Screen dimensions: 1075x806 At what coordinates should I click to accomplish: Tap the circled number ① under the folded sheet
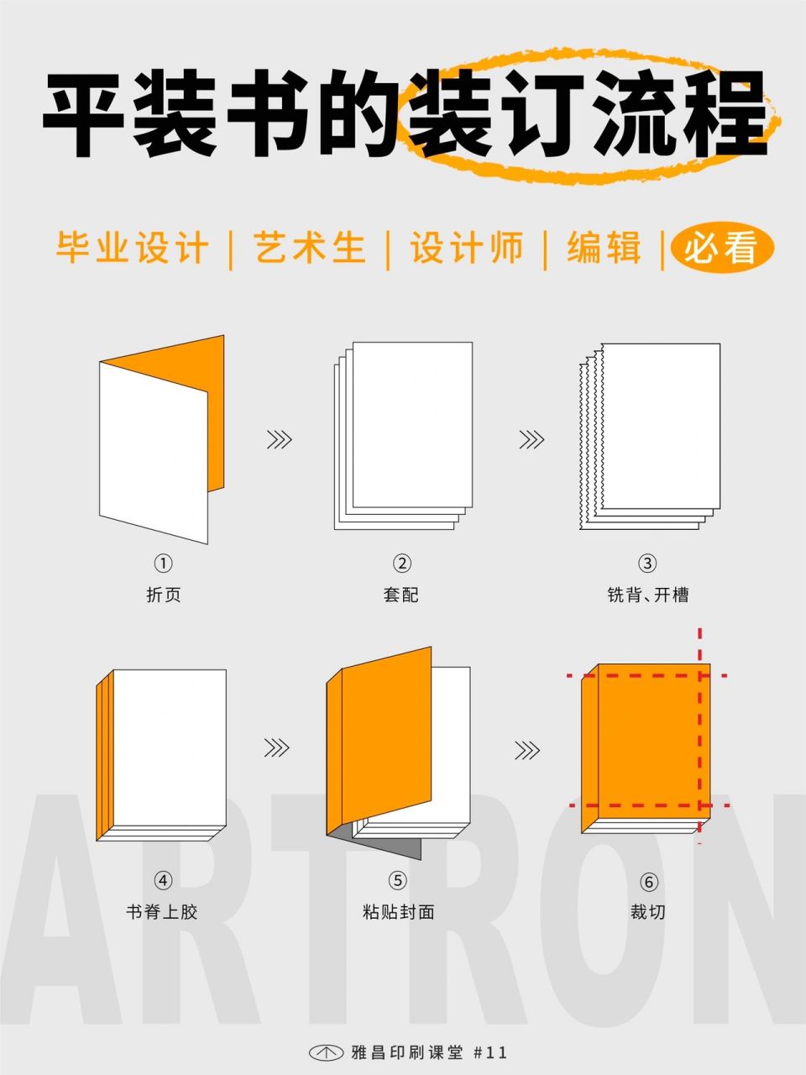click(163, 564)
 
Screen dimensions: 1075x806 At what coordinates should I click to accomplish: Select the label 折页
click(163, 595)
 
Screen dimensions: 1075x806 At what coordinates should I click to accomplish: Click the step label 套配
click(400, 595)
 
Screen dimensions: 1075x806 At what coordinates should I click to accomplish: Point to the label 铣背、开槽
click(647, 595)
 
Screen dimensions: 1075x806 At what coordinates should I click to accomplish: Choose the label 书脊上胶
click(162, 911)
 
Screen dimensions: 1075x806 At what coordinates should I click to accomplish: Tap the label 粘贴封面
click(398, 911)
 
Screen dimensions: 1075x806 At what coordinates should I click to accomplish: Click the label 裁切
click(647, 911)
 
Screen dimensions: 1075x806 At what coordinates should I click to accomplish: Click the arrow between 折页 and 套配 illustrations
click(279, 439)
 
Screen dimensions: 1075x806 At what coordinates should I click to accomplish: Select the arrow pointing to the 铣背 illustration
click(531, 439)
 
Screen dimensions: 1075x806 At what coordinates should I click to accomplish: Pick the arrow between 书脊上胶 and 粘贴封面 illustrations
click(276, 747)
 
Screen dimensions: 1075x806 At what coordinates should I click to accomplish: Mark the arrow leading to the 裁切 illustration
click(527, 749)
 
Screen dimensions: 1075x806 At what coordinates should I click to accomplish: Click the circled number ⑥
click(647, 882)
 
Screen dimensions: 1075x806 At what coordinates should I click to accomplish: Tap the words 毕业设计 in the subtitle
click(133, 249)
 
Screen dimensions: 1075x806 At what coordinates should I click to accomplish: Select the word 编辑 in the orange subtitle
click(604, 249)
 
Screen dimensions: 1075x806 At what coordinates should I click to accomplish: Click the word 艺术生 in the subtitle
click(310, 249)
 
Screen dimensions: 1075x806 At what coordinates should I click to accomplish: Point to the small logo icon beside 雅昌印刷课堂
click(327, 1052)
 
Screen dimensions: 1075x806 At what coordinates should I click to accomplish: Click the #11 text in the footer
click(491, 1052)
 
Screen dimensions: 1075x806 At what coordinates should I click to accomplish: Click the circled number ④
click(163, 880)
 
